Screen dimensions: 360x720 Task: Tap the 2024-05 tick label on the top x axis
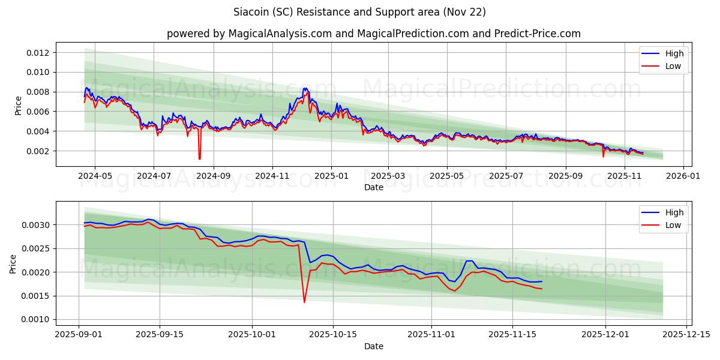[x=95, y=177]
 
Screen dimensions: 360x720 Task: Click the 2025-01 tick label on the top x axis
[x=331, y=177]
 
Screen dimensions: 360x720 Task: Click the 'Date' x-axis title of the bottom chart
[x=373, y=346]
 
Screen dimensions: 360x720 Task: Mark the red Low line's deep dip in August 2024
[x=199, y=158]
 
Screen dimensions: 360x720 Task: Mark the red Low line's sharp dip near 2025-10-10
[x=304, y=302]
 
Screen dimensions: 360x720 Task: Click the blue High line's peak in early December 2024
[x=305, y=88]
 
